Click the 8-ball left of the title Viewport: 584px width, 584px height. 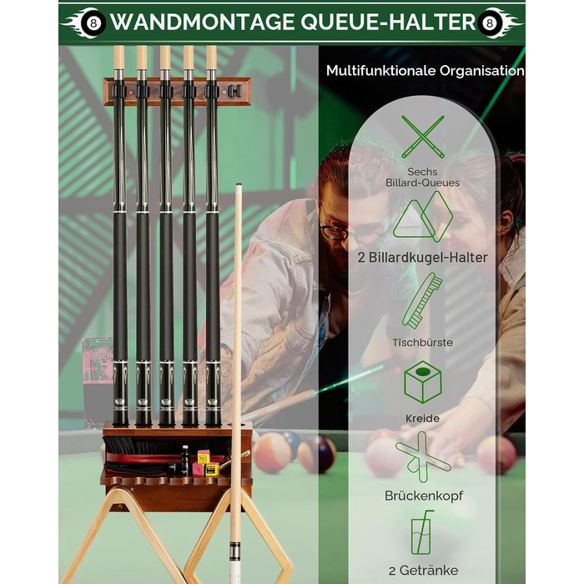(93, 23)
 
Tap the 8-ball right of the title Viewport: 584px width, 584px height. (490, 23)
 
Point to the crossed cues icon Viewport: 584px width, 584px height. (423, 137)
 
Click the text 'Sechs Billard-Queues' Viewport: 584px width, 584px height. (422, 177)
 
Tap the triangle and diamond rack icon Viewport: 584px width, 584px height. (423, 216)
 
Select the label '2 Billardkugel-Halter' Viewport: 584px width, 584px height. (422, 258)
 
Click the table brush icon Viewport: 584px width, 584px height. (422, 302)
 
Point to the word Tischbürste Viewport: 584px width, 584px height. (422, 342)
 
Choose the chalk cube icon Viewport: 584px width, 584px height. (423, 382)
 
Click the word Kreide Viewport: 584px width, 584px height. (422, 418)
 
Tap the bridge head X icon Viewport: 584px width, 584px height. (423, 457)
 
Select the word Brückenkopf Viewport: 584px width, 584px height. (424, 496)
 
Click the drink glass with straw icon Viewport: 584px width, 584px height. (422, 532)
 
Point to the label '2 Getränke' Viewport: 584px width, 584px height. (424, 571)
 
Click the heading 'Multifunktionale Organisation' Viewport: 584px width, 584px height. (425, 71)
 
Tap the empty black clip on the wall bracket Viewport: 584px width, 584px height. (234, 91)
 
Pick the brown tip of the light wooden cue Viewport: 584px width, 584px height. (239, 184)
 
